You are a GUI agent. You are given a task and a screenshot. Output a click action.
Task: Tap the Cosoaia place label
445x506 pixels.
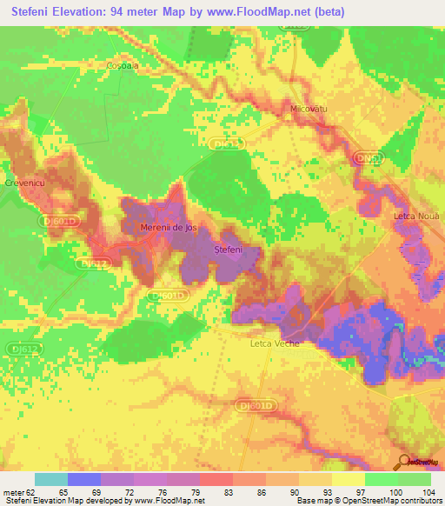122,66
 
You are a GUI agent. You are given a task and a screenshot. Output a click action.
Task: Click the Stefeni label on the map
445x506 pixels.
228,250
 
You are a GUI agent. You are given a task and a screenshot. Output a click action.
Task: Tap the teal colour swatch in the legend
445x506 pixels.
50,479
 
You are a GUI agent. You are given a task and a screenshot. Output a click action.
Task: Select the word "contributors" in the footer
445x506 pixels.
417,501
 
